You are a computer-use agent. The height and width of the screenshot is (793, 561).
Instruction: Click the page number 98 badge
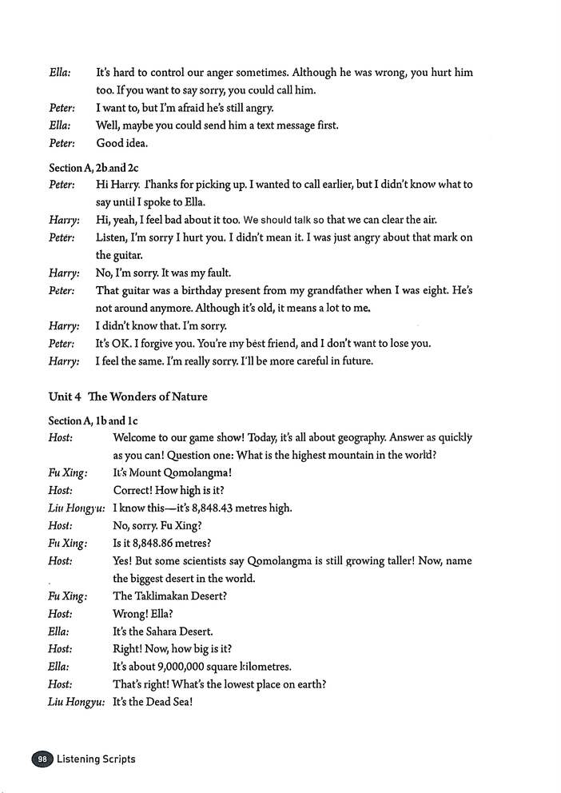(x=40, y=759)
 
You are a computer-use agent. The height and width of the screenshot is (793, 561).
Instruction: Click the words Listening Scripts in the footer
(x=96, y=759)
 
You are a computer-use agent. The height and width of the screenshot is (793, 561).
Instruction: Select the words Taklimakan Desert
(x=177, y=596)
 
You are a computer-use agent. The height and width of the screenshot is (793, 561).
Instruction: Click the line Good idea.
(x=122, y=143)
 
